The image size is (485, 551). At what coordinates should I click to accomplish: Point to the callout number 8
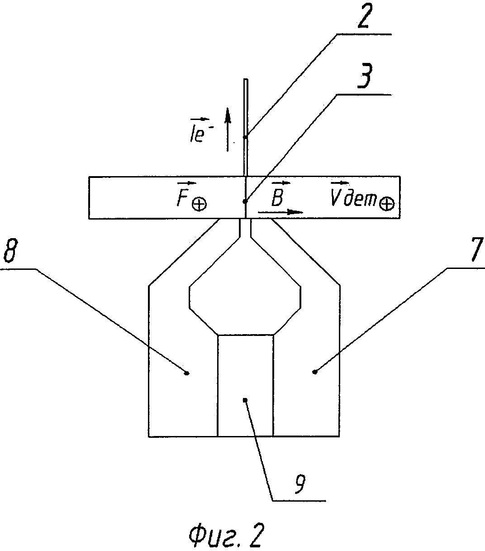[x=10, y=250]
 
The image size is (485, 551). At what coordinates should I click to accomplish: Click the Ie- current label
[x=200, y=130]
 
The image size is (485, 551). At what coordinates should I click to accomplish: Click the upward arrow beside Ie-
[x=228, y=129]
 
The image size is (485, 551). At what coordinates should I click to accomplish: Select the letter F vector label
[x=185, y=194]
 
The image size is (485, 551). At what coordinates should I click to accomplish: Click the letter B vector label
[x=278, y=194]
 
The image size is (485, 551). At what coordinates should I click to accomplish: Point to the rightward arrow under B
[x=280, y=212]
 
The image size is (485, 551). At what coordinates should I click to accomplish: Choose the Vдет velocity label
[x=353, y=194]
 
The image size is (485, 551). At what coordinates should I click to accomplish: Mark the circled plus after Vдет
[x=387, y=204]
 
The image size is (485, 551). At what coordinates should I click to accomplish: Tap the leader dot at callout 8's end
[x=187, y=374]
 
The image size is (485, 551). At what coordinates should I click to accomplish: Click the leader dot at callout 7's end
[x=315, y=372]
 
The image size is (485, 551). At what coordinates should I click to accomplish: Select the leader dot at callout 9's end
[x=245, y=399]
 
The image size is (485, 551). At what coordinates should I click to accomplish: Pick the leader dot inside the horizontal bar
[x=245, y=201]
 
